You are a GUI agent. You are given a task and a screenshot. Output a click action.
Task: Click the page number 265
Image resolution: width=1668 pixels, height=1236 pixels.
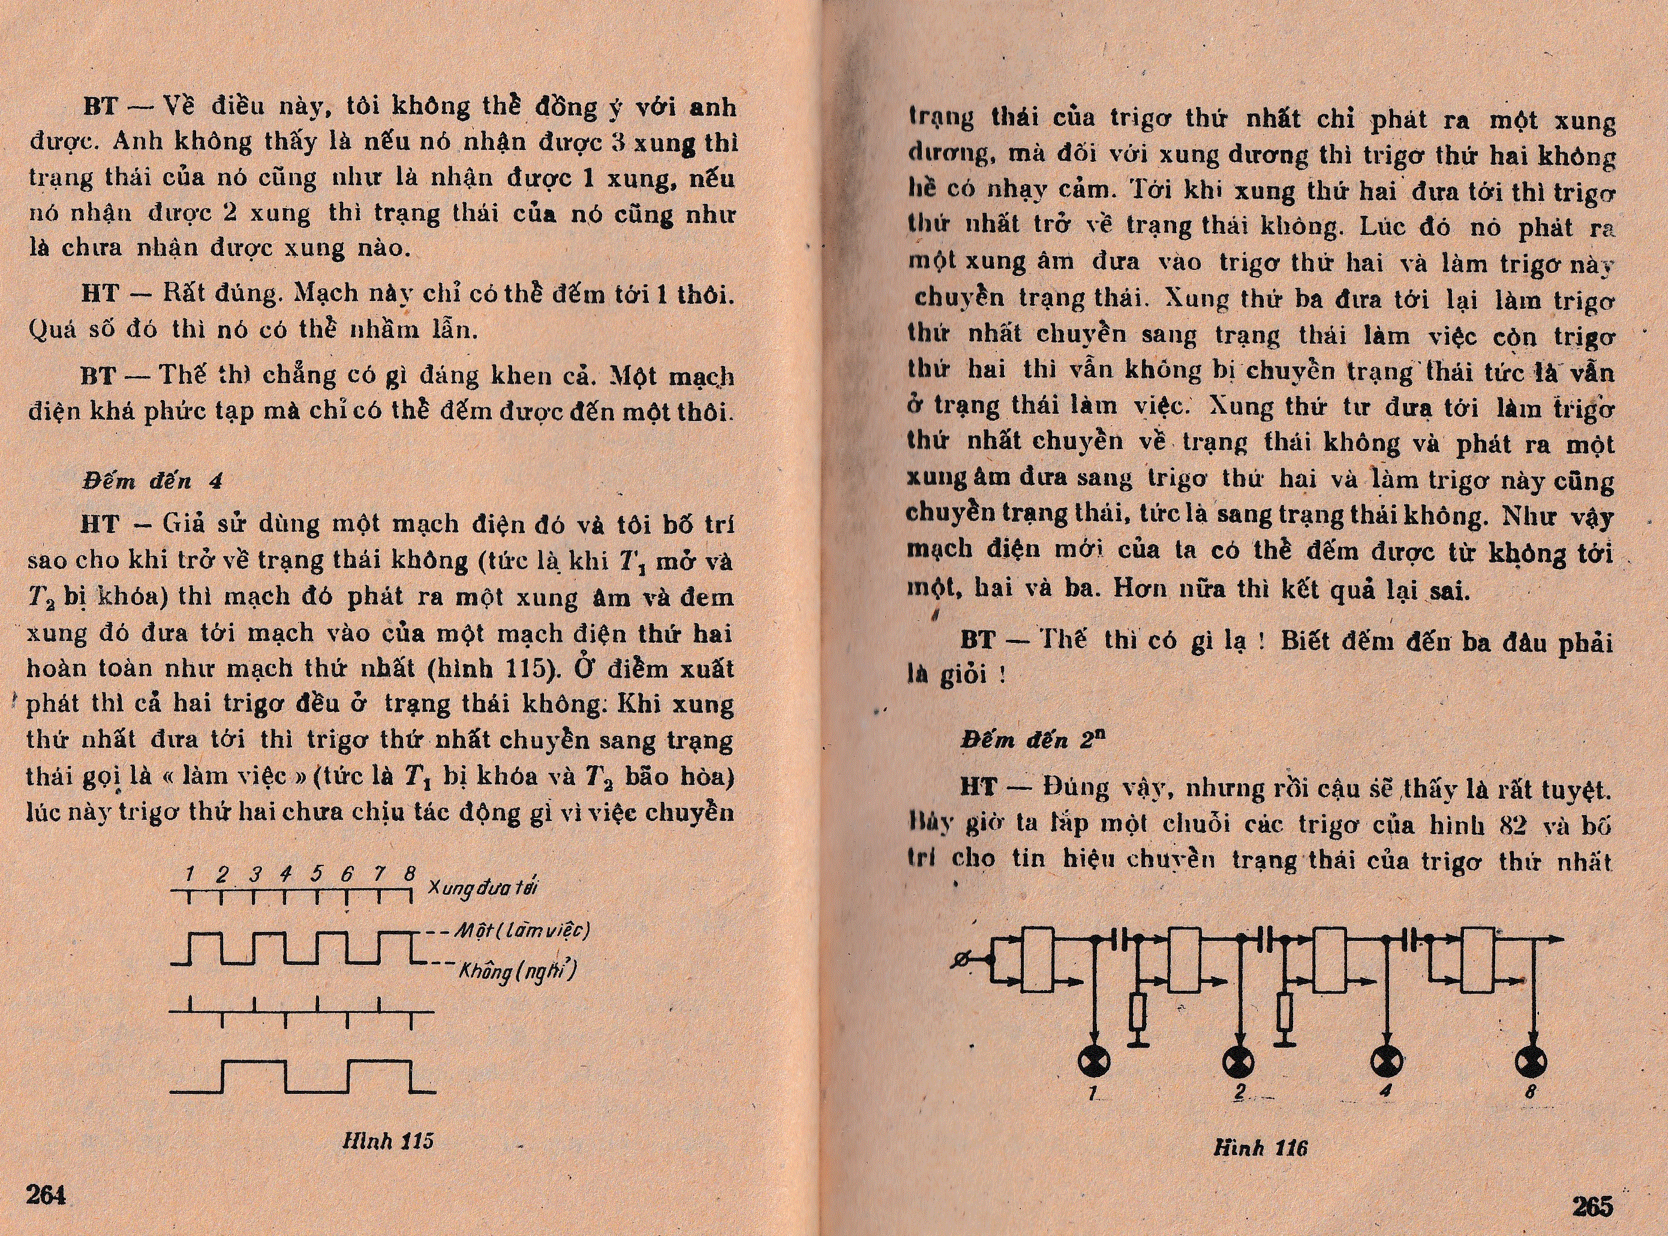1592,1205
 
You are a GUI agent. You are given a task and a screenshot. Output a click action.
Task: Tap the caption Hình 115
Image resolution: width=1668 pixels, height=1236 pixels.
387,1141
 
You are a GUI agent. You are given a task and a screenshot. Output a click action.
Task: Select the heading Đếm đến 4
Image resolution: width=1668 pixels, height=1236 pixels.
152,481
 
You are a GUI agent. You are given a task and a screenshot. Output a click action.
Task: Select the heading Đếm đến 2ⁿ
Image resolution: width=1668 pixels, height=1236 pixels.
1033,739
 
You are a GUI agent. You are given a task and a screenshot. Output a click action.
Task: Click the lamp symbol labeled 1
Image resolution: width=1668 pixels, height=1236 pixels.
1094,1061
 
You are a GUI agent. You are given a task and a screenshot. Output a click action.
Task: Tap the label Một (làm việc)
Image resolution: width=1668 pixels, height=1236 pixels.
522,931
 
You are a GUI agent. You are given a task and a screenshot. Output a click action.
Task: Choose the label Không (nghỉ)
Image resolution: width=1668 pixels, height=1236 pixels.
517,972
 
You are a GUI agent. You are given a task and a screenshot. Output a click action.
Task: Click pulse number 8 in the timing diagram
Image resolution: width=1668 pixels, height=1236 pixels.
409,873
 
